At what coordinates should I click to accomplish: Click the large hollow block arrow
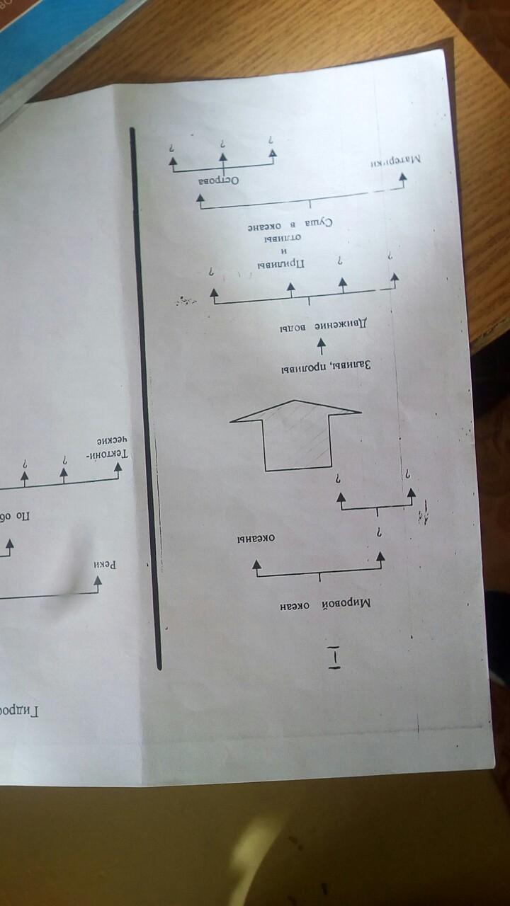click(296, 433)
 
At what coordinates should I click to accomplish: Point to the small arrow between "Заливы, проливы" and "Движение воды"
click(321, 346)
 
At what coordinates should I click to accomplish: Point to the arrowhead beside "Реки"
click(98, 582)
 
